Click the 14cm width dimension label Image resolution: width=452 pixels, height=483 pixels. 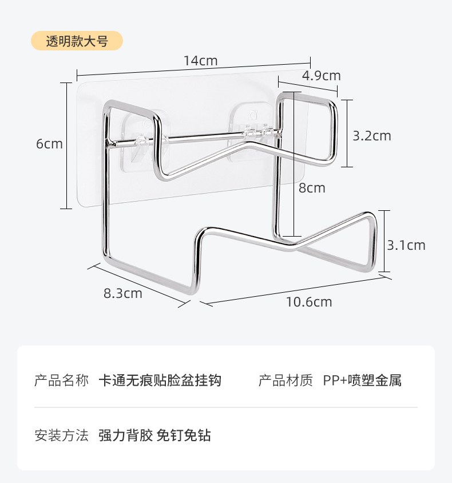point(200,60)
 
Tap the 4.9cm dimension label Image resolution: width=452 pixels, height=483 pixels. point(321,76)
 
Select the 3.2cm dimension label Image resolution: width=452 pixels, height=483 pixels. point(372,136)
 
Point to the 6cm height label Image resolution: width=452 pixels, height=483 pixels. point(49,144)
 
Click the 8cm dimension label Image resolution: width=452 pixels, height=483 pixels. point(312,188)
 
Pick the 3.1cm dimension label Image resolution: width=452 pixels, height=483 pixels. point(406,245)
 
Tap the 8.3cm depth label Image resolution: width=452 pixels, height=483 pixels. point(122,293)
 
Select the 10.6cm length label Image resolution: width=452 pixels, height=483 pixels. point(309,302)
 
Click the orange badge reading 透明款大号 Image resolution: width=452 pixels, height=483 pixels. point(77,41)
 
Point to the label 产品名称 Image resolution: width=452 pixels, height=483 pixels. point(62,380)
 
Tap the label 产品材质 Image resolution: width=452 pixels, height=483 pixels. point(286,380)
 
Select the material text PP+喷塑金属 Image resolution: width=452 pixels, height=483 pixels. point(362,380)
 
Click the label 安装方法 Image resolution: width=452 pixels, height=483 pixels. point(62,435)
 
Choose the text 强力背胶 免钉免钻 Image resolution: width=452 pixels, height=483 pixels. point(154,435)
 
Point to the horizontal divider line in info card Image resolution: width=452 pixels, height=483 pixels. point(226,407)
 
